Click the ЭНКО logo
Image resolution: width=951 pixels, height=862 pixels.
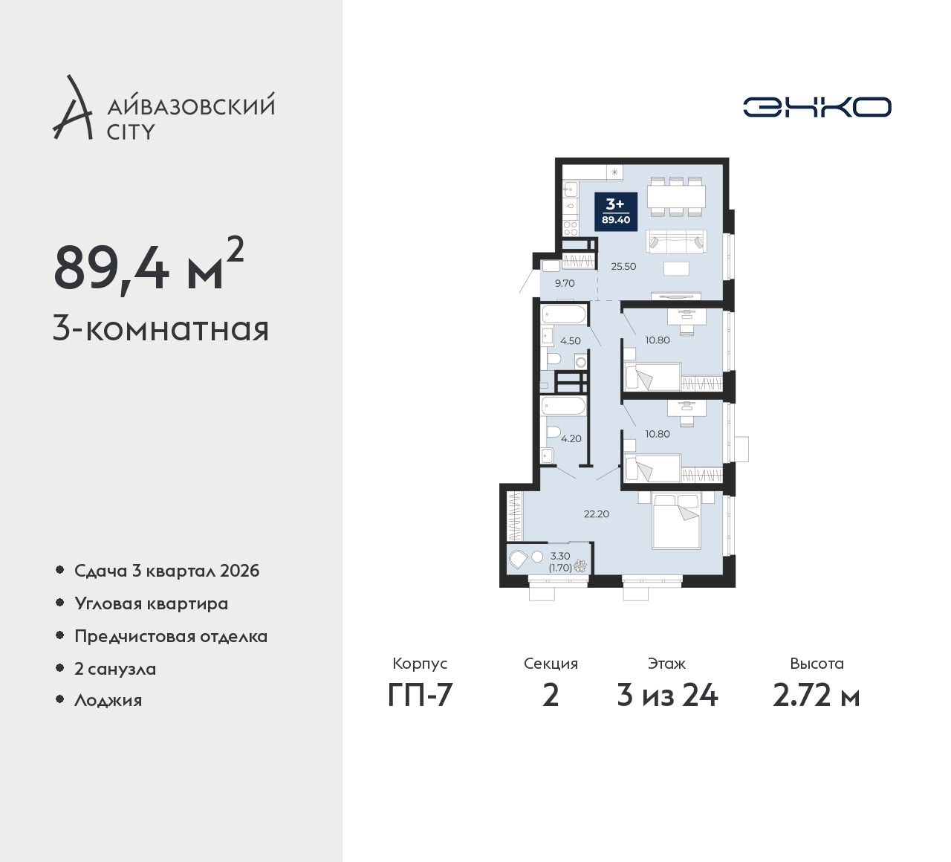(817, 107)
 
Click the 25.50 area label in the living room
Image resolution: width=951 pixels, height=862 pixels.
(623, 267)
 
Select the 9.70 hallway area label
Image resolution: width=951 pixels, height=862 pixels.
(565, 284)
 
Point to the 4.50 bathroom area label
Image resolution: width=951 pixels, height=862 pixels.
(571, 341)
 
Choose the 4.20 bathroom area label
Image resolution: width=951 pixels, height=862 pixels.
(571, 439)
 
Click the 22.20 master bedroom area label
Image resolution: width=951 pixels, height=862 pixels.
(597, 514)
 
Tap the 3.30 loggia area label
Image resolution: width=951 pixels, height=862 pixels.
(560, 556)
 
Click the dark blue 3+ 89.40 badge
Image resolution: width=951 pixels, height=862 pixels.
(616, 212)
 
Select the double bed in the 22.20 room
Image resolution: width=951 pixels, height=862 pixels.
(677, 520)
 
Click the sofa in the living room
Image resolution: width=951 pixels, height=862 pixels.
(677, 242)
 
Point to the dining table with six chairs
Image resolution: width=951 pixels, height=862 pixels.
(677, 197)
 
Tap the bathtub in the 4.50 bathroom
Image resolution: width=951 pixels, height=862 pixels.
(564, 314)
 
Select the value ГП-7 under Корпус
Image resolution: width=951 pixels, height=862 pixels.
(420, 696)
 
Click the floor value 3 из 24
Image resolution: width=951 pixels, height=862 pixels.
(667, 696)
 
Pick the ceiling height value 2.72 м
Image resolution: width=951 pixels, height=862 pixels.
(816, 696)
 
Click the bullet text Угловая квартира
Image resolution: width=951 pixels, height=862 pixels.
(152, 604)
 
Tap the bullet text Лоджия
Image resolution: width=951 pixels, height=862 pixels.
(108, 701)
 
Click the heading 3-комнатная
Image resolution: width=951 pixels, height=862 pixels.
(160, 329)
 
